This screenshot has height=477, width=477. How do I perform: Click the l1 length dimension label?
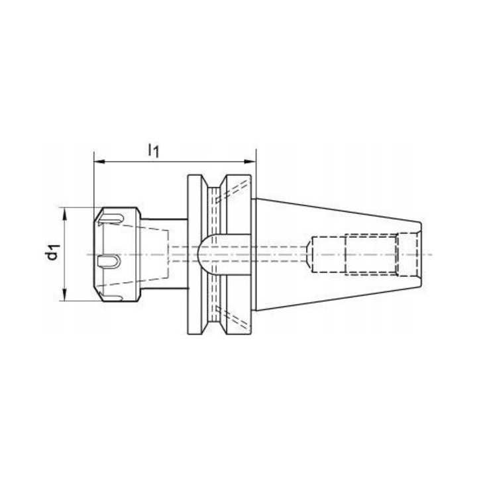[153, 151]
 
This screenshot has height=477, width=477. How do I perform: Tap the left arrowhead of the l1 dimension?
[99, 162]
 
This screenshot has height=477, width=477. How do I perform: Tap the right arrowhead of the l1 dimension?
[250, 162]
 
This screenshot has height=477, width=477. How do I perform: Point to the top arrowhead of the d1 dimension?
[65, 213]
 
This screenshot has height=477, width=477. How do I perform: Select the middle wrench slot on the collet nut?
[110, 262]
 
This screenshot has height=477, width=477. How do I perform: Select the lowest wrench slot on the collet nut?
[111, 297]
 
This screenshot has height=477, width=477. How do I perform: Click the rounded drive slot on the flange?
[225, 255]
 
